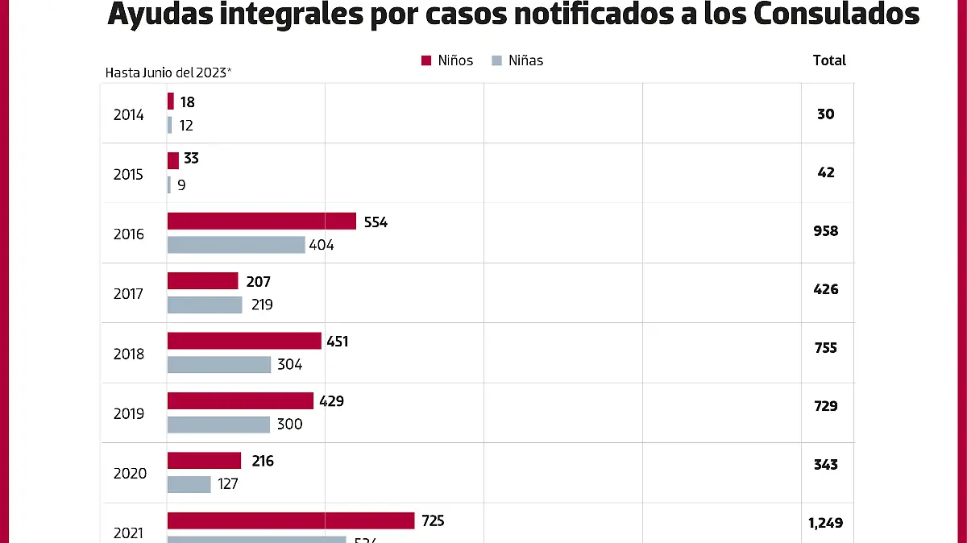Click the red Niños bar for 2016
[261, 221]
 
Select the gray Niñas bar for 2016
[236, 245]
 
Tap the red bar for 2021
[290, 520]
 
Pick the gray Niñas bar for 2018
[219, 364]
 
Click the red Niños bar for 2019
[240, 400]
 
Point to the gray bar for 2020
[189, 484]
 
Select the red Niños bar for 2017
[202, 280]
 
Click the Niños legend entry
[447, 60]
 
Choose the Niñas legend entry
[517, 60]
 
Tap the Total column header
[829, 60]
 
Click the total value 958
[826, 231]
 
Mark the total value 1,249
[826, 523]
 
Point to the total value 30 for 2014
[826, 114]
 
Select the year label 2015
[129, 175]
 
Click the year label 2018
[129, 354]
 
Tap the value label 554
[376, 222]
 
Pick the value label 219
[261, 305]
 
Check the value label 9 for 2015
[181, 185]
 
